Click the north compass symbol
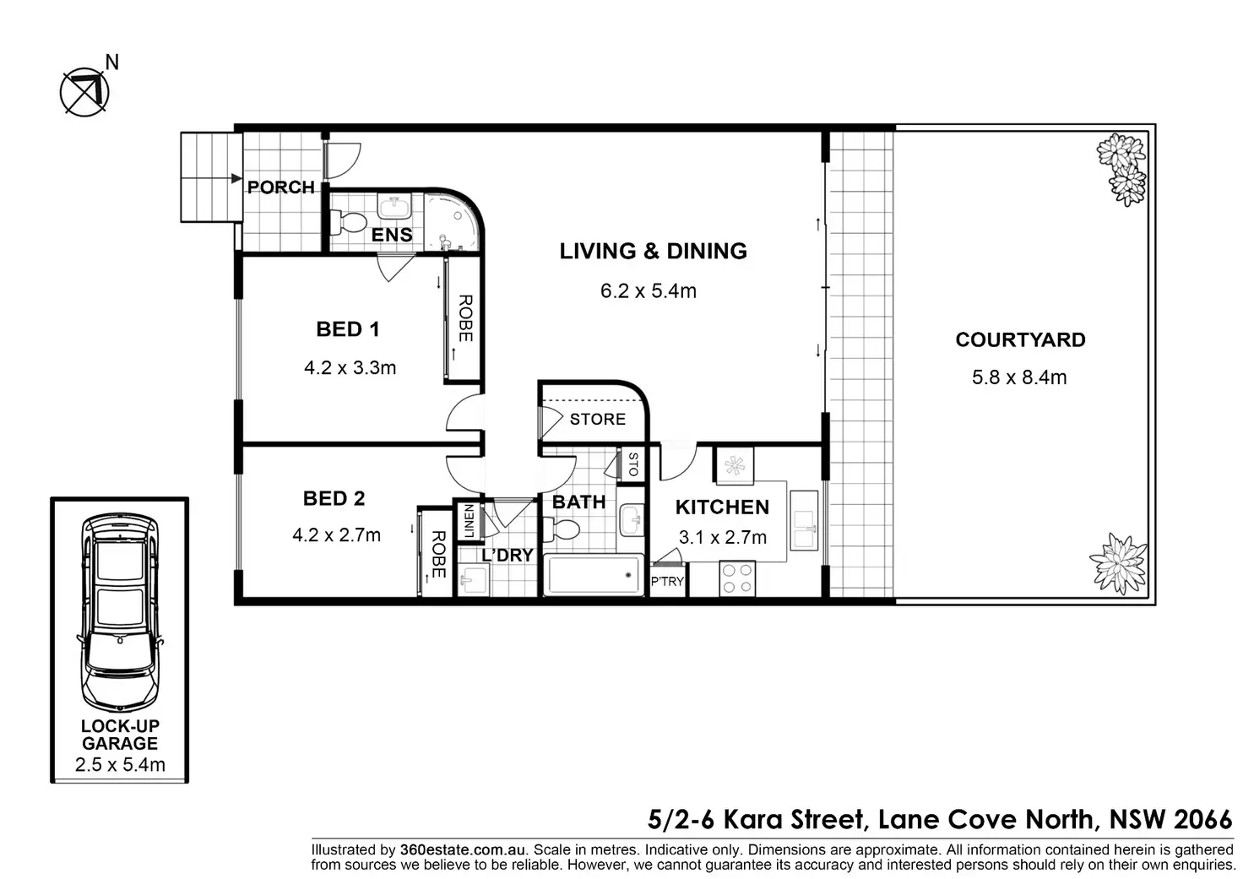point(84,91)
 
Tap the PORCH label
point(280,187)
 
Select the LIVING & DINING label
point(653,251)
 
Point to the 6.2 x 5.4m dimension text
point(648,291)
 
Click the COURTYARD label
point(1020,339)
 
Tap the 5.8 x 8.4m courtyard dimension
point(1019,377)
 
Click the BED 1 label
point(347,329)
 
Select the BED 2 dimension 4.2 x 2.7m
point(336,535)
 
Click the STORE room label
point(597,420)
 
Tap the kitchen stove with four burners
point(736,578)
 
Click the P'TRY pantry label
point(667,582)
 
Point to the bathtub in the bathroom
point(594,575)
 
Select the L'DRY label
point(507,556)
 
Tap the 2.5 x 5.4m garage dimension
point(120,765)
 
